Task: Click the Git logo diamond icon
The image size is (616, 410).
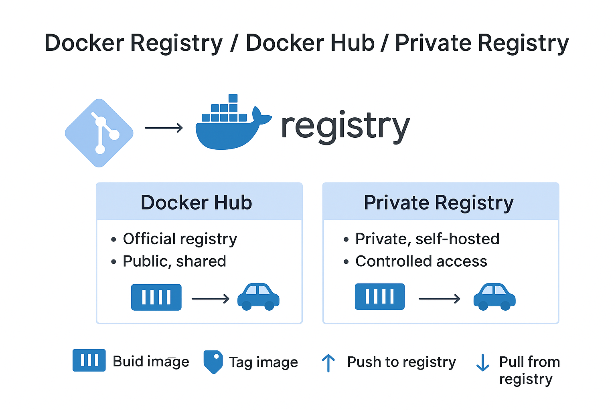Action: (99, 133)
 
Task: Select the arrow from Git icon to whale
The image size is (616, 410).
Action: (164, 128)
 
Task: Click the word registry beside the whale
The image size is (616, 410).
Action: (345, 127)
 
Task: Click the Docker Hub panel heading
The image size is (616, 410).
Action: (196, 203)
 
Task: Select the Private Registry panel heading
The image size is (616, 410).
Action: (438, 203)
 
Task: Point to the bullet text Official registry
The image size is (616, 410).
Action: (180, 239)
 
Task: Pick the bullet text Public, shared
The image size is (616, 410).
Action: (174, 261)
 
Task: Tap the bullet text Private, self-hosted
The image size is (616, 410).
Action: (427, 239)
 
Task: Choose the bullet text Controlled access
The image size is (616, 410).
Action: (421, 261)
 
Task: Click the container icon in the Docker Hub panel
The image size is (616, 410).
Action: (156, 297)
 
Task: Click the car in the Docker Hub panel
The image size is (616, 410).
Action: (258, 297)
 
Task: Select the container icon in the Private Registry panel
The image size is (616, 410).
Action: (379, 297)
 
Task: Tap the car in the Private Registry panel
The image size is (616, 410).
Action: (494, 297)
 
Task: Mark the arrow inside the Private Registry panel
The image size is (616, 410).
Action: (439, 299)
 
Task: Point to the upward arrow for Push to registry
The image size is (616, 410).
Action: (328, 363)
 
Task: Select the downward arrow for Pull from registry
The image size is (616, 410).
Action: (482, 363)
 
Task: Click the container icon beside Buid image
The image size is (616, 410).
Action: (89, 360)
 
